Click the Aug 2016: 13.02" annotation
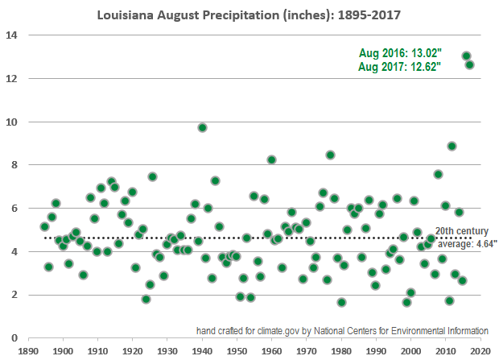click(x=400, y=52)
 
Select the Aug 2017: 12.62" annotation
click(x=400, y=67)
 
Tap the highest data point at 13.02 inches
click(x=466, y=56)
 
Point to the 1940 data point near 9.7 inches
click(x=202, y=127)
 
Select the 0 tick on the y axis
click(x=14, y=337)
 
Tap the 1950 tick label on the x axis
click(x=237, y=352)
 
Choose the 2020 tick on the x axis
click(x=480, y=352)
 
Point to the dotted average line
click(x=241, y=238)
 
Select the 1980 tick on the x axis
click(x=341, y=352)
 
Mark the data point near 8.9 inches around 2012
click(x=452, y=146)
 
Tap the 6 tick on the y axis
click(x=14, y=208)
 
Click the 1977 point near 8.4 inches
click(x=330, y=155)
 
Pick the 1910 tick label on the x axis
click(x=97, y=352)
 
